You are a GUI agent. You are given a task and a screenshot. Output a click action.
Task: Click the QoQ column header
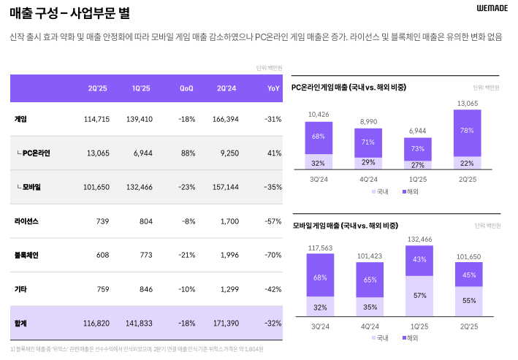tap(186, 88)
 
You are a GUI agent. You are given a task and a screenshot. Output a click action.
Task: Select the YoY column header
tap(273, 88)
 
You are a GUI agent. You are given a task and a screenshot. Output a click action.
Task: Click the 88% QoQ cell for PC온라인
tap(188, 153)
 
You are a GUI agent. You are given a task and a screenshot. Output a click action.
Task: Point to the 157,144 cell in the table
tap(225, 187)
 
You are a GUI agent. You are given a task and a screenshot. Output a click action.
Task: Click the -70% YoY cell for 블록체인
tap(273, 255)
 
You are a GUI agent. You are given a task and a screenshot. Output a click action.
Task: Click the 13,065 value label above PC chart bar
tap(467, 104)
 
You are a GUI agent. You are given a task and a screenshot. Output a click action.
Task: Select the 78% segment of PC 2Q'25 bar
tap(467, 131)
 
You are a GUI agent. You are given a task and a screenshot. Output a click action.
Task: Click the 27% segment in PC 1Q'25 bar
tap(417, 165)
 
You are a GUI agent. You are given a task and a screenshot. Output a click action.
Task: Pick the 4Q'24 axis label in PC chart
tap(368, 179)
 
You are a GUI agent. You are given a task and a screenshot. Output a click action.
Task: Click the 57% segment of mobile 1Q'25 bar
tap(419, 296)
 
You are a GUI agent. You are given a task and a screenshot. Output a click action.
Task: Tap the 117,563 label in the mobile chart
tap(320, 248)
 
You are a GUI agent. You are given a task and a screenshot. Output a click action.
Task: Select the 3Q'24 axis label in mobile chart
tap(320, 325)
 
